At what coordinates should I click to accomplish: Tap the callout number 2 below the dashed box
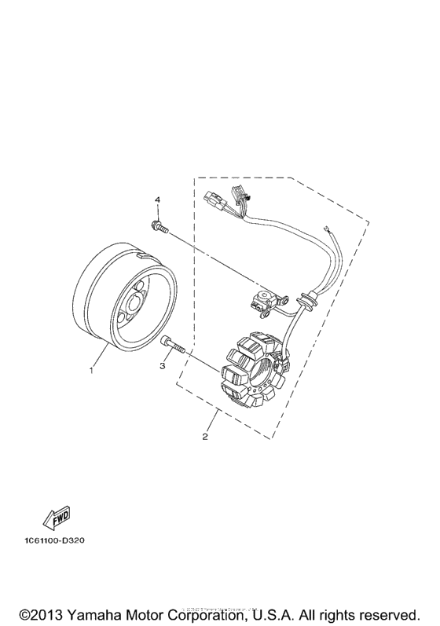[205, 437]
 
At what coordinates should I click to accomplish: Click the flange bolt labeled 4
[156, 228]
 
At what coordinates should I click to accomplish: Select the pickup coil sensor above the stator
[262, 300]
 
